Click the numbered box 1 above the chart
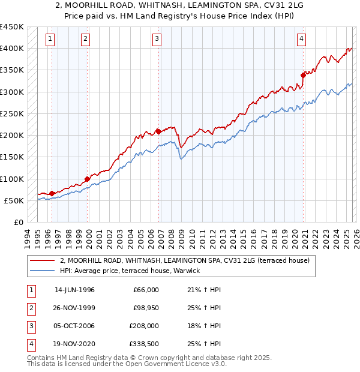click(x=50, y=39)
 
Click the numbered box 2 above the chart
click(x=86, y=39)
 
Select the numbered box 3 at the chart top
click(x=157, y=39)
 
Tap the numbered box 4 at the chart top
click(x=301, y=39)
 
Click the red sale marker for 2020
click(x=303, y=75)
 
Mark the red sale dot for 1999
click(x=88, y=179)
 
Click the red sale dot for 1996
click(x=52, y=193)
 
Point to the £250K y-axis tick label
click(x=12, y=113)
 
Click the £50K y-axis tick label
click(x=14, y=200)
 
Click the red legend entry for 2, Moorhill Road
click(x=185, y=261)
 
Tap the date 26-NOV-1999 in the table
click(x=74, y=308)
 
